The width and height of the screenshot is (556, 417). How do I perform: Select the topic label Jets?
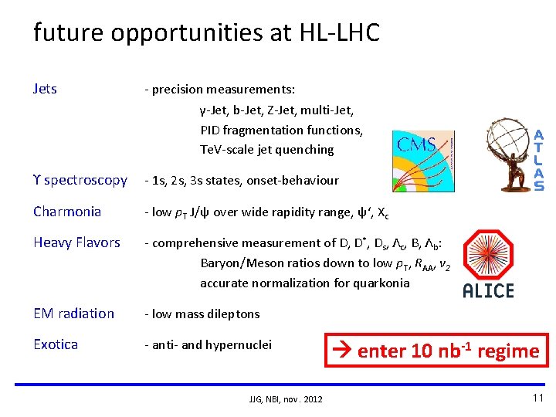click(x=45, y=89)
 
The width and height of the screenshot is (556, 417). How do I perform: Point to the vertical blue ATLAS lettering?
click(x=538, y=160)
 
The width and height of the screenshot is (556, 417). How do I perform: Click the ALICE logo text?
click(x=488, y=290)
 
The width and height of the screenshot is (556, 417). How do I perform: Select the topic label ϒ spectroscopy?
click(x=80, y=180)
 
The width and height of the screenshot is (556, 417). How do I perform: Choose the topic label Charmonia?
click(x=67, y=212)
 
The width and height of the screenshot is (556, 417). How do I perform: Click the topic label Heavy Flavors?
click(x=76, y=242)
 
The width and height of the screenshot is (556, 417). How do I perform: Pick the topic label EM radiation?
click(x=73, y=314)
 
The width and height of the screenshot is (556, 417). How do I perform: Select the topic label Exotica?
click(x=56, y=344)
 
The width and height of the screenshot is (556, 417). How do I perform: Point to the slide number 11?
click(x=537, y=398)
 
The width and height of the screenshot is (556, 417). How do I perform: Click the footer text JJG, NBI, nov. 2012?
click(x=286, y=398)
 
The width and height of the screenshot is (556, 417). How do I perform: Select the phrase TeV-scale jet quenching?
click(x=266, y=149)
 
